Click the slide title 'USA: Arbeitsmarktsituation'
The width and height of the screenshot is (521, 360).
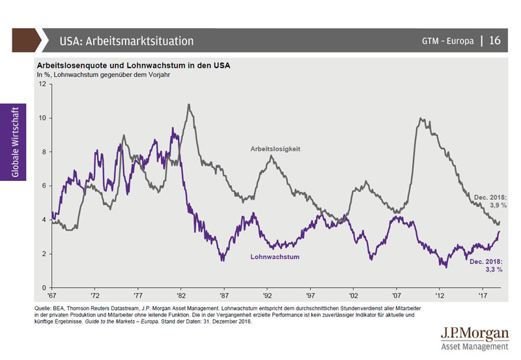[126, 41]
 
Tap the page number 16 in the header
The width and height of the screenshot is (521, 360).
[495, 41]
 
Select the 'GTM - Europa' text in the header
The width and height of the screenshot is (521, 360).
[447, 41]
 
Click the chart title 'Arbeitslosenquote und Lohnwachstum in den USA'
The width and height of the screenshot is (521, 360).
[134, 66]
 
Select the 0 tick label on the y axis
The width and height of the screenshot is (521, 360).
[44, 288]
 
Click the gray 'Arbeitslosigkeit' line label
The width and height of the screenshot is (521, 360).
[276, 149]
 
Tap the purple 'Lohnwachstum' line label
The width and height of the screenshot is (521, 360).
[275, 257]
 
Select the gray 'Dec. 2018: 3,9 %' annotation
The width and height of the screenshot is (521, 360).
[489, 200]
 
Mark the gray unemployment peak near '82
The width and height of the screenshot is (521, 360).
[189, 105]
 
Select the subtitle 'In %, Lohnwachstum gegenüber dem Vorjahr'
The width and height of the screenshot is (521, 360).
[105, 75]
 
